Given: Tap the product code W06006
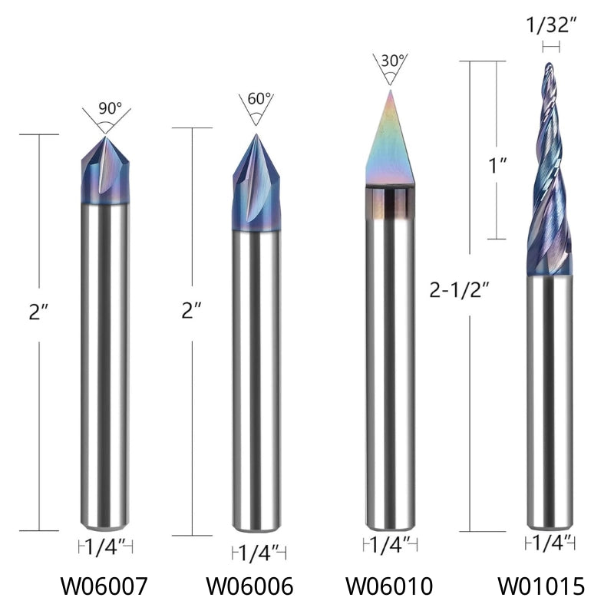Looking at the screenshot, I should [x=249, y=587].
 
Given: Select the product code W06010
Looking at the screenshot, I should [x=390, y=587].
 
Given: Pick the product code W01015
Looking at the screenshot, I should [x=542, y=587].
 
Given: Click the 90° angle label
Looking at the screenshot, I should [x=110, y=108].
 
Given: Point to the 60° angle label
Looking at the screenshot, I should [x=259, y=100].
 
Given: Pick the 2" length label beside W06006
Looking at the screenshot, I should [x=191, y=311].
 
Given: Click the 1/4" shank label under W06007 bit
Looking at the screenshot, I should [x=105, y=547].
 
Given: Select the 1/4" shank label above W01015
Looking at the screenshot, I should [x=550, y=543].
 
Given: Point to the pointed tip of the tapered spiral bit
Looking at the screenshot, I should [x=550, y=68].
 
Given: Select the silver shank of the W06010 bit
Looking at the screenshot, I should [x=390, y=368].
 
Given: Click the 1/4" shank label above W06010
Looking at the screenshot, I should [x=390, y=545].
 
